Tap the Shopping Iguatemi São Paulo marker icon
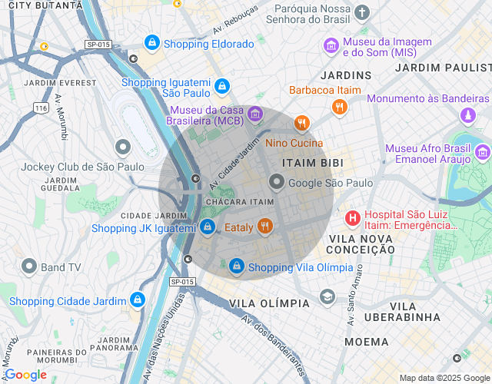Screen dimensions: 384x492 (x=222, y=86)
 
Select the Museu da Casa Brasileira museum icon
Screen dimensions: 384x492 (x=254, y=114)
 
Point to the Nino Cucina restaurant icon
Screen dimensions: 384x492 (x=302, y=124)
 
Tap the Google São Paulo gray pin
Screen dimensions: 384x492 (x=277, y=181)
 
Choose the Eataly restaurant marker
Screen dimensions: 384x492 (x=265, y=226)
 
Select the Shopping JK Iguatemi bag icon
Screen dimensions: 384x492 (x=207, y=227)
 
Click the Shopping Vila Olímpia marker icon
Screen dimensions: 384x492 (x=237, y=266)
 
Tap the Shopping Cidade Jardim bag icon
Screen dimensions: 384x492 (x=138, y=299)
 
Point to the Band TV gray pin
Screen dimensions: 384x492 (x=29, y=266)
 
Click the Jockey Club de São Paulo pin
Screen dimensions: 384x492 (x=122, y=147)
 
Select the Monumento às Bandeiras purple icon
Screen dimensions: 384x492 (x=467, y=115)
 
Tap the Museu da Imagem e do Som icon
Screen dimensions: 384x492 (x=331, y=45)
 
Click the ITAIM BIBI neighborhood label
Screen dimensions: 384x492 (x=307, y=163)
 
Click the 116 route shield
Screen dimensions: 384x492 (x=41, y=108)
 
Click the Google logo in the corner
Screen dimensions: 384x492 (x=26, y=375)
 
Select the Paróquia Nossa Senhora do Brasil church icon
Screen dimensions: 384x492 (x=362, y=12)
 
